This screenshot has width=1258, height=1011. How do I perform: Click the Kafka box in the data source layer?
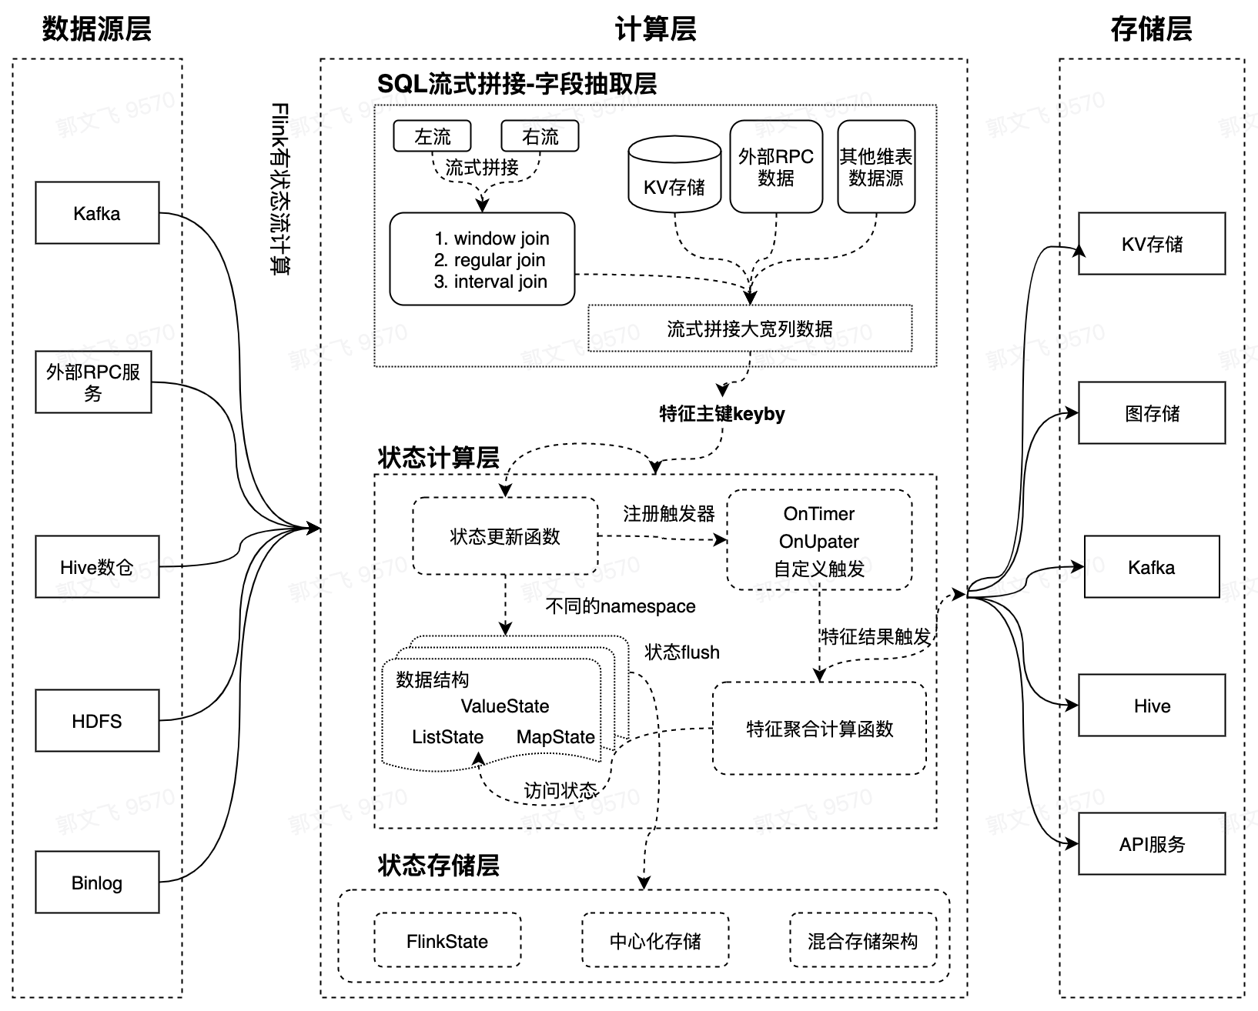pos(97,213)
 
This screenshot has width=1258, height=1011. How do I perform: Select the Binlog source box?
pos(97,883)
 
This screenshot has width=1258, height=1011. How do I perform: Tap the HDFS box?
pos(97,721)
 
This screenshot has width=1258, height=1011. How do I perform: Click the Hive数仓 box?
pos(97,567)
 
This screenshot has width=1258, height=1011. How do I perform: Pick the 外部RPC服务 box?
pos(93,382)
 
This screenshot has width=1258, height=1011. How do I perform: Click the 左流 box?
pos(432,136)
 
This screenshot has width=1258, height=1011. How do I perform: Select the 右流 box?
pos(540,136)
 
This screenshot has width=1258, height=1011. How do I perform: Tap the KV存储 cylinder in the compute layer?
pos(674,177)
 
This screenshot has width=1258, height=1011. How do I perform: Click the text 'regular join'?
pos(500,260)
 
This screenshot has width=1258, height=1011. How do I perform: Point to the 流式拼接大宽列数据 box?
pos(750,329)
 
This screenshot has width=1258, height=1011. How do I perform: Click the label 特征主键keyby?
pos(721,414)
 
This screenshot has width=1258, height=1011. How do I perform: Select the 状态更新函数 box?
pos(505,536)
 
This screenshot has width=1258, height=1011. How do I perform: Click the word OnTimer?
pos(819,514)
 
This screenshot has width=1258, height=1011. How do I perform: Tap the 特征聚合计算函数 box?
pos(819,729)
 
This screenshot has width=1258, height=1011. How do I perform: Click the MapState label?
pos(555,737)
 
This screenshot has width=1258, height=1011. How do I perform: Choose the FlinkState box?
pos(447,941)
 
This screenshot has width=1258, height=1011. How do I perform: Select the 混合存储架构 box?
pos(862,941)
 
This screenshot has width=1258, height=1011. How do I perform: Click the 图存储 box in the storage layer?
pos(1152,413)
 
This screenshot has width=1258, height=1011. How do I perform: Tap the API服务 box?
pos(1152,844)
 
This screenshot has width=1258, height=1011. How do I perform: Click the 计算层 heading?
pos(655,29)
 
